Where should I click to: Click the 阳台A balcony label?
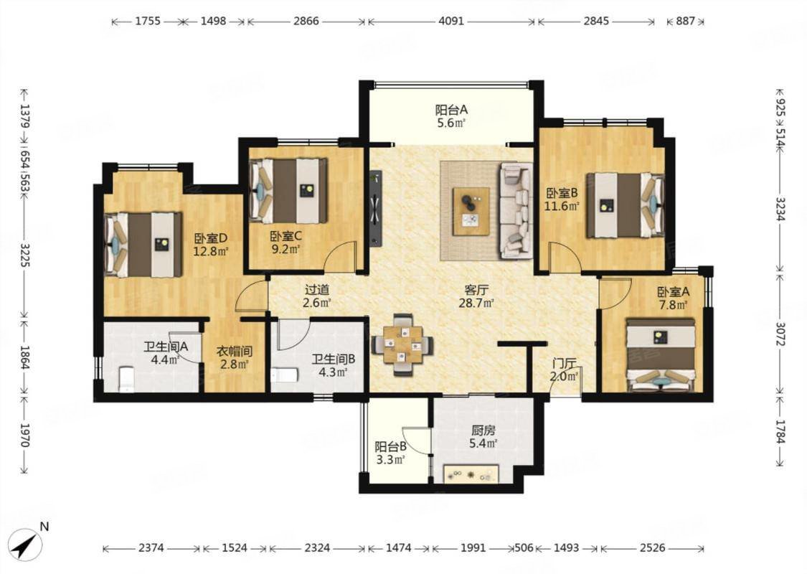pyautogui.click(x=451, y=110)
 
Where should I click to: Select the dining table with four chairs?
pyautogui.click(x=402, y=344)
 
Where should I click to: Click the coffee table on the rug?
pyautogui.click(x=471, y=211)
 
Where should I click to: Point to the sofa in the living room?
pyautogui.click(x=516, y=210)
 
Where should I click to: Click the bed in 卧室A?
pyautogui.click(x=661, y=354)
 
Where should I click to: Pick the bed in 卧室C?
pyautogui.click(x=288, y=190)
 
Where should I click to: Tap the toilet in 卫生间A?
pyautogui.click(x=126, y=379)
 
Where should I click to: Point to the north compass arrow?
pyautogui.click(x=26, y=545)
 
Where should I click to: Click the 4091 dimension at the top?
pyautogui.click(x=451, y=21)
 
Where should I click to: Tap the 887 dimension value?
pyautogui.click(x=685, y=21)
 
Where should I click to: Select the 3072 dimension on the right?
pyautogui.click(x=780, y=334)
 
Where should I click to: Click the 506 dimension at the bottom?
pyautogui.click(x=524, y=547)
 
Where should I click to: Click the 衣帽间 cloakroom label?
pyautogui.click(x=234, y=352)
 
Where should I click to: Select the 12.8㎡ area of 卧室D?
pyautogui.click(x=210, y=252)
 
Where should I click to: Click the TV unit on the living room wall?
pyautogui.click(x=376, y=209)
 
